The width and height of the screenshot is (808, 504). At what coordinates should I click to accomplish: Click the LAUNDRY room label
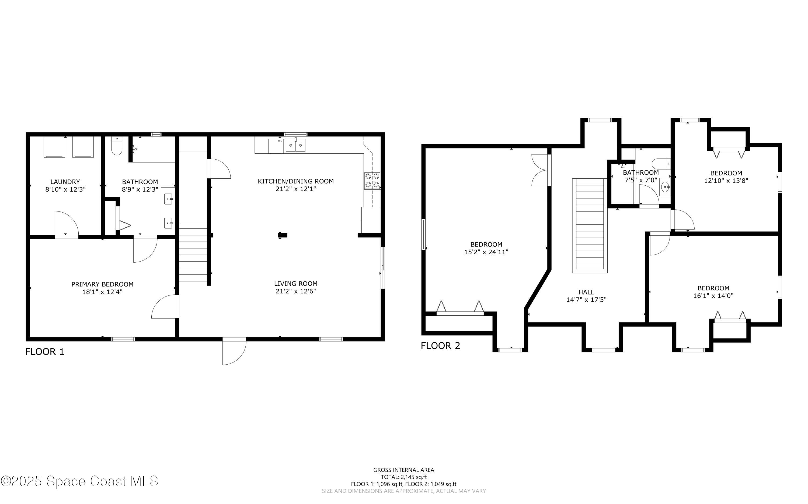pyautogui.click(x=65, y=182)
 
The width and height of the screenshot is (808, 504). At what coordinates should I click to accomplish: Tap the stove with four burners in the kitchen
pyautogui.click(x=372, y=180)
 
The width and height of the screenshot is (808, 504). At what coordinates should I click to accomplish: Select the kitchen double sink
pyautogui.click(x=295, y=145)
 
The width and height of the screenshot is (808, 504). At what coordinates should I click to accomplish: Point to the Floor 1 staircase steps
pyautogui.click(x=193, y=252)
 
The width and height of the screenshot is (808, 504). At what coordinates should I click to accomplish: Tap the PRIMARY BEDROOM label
pyautogui.click(x=102, y=284)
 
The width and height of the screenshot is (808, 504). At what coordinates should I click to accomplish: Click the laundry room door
pyautogui.click(x=66, y=224)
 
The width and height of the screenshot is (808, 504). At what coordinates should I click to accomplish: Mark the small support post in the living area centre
pyautogui.click(x=282, y=235)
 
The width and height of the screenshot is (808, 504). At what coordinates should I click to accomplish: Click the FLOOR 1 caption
pyautogui.click(x=45, y=352)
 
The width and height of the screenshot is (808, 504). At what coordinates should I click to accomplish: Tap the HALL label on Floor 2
pyautogui.click(x=586, y=292)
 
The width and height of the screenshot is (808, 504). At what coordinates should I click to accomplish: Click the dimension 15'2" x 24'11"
pyautogui.click(x=486, y=252)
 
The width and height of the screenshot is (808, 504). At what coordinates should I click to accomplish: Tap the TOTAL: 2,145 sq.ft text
pyautogui.click(x=404, y=477)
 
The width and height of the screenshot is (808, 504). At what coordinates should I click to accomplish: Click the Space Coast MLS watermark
pyautogui.click(x=79, y=481)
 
